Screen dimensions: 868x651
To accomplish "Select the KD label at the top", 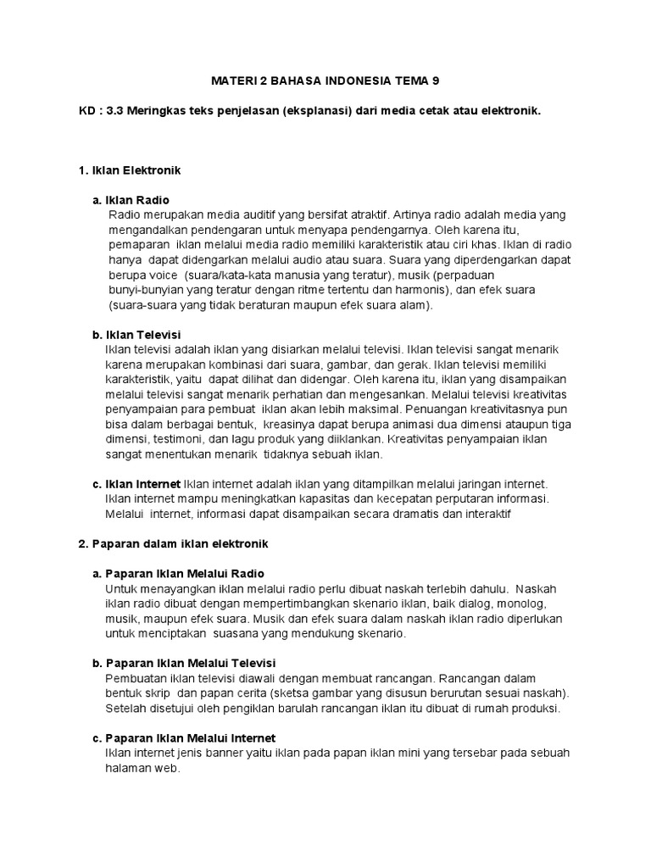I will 86,111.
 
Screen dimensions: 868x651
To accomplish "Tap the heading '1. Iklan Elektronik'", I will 130,170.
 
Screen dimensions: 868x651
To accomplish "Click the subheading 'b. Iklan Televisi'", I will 136,335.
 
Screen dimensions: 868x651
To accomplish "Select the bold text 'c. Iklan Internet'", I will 136,483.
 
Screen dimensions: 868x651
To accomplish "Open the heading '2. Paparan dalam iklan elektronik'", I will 173,543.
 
